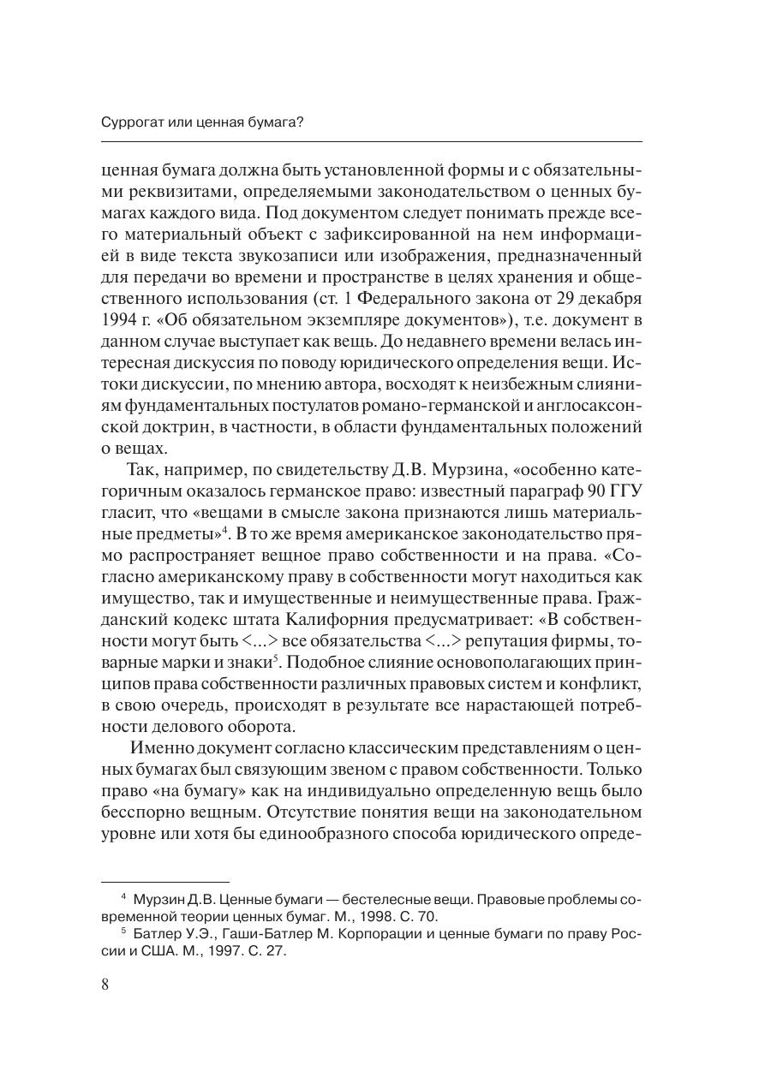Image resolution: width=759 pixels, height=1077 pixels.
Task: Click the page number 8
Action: [105, 984]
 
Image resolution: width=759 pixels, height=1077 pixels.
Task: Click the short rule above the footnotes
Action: [165, 880]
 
